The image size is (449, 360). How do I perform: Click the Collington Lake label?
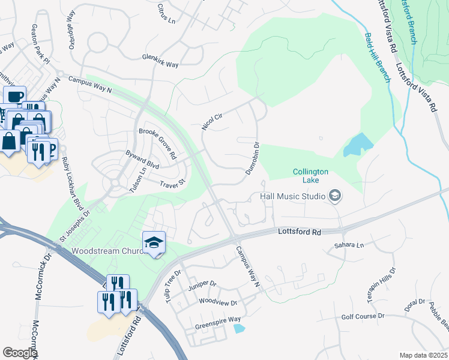click(310, 176)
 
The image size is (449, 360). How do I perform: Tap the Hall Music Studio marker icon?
click(335, 196)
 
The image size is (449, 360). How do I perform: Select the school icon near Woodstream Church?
click(154, 242)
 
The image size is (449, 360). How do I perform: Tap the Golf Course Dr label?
click(363, 316)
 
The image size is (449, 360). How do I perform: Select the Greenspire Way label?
click(217, 320)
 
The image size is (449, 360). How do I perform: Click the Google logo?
click(20, 353)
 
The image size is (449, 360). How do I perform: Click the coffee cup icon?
click(14, 96)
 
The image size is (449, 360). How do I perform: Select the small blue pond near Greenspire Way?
click(240, 328)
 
